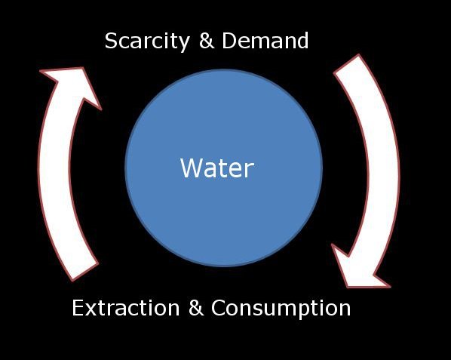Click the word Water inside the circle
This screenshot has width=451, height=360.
pos(217,168)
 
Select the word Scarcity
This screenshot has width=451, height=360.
pos(147,42)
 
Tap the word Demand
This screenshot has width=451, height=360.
pos(265,41)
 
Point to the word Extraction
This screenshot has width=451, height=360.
pos(126,308)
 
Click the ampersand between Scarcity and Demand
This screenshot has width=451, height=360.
pos(207,41)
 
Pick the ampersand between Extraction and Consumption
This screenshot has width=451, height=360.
pos(196,308)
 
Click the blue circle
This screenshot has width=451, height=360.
pos(224,168)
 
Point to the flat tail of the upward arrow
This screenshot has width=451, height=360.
pos(85,272)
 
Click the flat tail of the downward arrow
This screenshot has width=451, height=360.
pos(347,64)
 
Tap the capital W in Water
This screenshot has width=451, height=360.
pos(190,168)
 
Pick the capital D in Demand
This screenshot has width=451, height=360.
pos(229,41)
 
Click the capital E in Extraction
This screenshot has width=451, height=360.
pos(78,308)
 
